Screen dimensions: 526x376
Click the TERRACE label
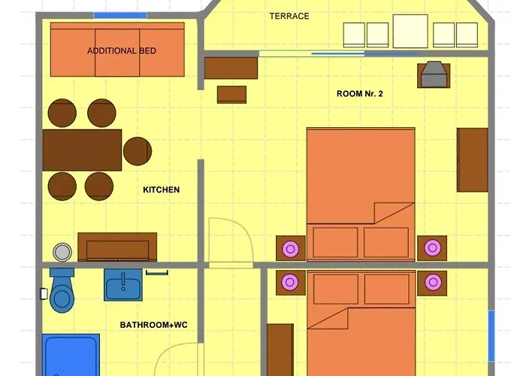pyautogui.click(x=289, y=16)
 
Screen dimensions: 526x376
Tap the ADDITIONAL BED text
pyautogui.click(x=122, y=50)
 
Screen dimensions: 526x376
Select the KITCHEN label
pyautogui.click(x=161, y=190)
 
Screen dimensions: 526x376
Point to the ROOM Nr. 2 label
pyautogui.click(x=360, y=94)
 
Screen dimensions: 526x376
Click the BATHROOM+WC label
pyautogui.click(x=153, y=325)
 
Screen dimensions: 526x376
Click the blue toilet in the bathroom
pyautogui.click(x=62, y=290)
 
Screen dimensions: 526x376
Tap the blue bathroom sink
pyautogui.click(x=123, y=285)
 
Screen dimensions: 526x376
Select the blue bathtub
pyautogui.click(x=71, y=355)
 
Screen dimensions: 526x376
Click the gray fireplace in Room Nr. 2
pyautogui.click(x=434, y=75)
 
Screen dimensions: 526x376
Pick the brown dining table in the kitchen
pyautogui.click(x=82, y=150)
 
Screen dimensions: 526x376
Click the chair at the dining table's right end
pyautogui.click(x=138, y=151)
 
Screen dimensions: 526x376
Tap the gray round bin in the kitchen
pyautogui.click(x=62, y=252)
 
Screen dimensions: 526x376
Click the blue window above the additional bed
pyautogui.click(x=120, y=15)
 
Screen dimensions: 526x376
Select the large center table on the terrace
pyautogui.click(x=410, y=31)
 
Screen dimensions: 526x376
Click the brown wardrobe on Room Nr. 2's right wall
pyautogui.click(x=473, y=159)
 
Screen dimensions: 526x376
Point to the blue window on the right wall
pyautogui.click(x=491, y=335)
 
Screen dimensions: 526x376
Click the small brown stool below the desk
pyautogui.click(x=231, y=94)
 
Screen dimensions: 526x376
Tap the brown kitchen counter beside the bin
pyautogui.click(x=117, y=247)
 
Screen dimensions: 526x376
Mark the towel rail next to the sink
pyautogui.click(x=157, y=272)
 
